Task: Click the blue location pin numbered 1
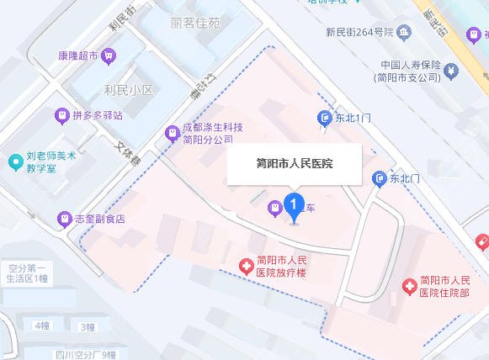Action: click(x=293, y=206)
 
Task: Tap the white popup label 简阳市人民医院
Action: click(x=294, y=163)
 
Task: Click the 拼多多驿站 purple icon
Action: click(x=61, y=114)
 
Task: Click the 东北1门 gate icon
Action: click(x=324, y=119)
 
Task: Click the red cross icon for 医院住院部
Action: click(x=409, y=286)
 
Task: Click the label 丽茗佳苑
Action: click(x=194, y=23)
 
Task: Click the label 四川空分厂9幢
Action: click(x=88, y=354)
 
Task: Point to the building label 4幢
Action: click(x=40, y=325)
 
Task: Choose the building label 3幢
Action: click(x=86, y=326)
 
